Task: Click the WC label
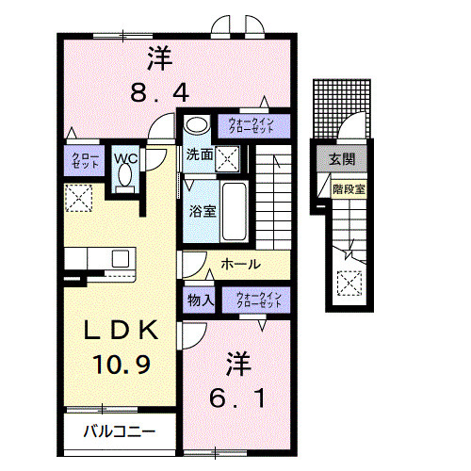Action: [125, 158]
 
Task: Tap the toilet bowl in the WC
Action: [124, 181]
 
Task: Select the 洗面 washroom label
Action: [198, 154]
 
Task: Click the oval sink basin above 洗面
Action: [196, 125]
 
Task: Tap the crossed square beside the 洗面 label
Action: [227, 157]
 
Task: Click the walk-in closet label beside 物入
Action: [259, 300]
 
